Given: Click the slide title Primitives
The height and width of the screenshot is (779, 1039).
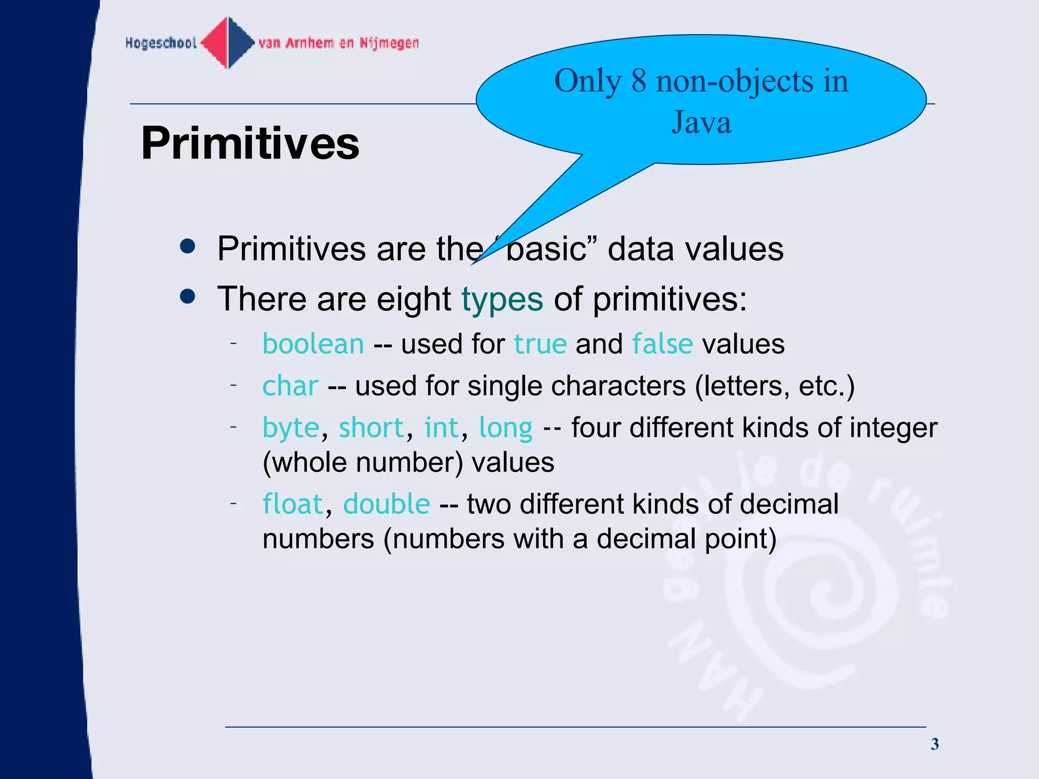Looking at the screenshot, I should (250, 144).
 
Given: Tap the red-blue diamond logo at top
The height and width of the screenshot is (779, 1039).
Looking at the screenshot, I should (228, 43).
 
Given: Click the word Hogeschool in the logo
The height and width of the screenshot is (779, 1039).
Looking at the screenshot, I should (161, 43).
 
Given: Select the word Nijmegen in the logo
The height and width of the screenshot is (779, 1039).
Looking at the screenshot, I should (389, 43).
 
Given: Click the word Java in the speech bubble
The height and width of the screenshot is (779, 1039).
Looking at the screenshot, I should (701, 123).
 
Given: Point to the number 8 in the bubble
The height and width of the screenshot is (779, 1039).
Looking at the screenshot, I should (639, 81).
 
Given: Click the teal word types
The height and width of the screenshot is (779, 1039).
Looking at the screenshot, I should (502, 299).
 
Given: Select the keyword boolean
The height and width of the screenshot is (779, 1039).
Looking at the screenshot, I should (313, 344).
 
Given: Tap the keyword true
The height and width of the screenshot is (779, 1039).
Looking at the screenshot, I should (540, 344).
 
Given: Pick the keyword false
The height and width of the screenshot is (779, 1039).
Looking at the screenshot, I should (662, 344).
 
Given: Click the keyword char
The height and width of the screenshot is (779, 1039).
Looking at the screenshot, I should (290, 386).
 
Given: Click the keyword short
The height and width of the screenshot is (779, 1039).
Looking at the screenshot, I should (371, 428).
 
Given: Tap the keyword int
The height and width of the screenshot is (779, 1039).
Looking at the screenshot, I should (441, 428).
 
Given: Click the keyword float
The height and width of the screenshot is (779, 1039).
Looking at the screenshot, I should (293, 504).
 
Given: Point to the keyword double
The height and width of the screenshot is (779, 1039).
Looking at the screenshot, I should (387, 504).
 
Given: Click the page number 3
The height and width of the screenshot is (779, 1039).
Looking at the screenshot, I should (934, 744).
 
